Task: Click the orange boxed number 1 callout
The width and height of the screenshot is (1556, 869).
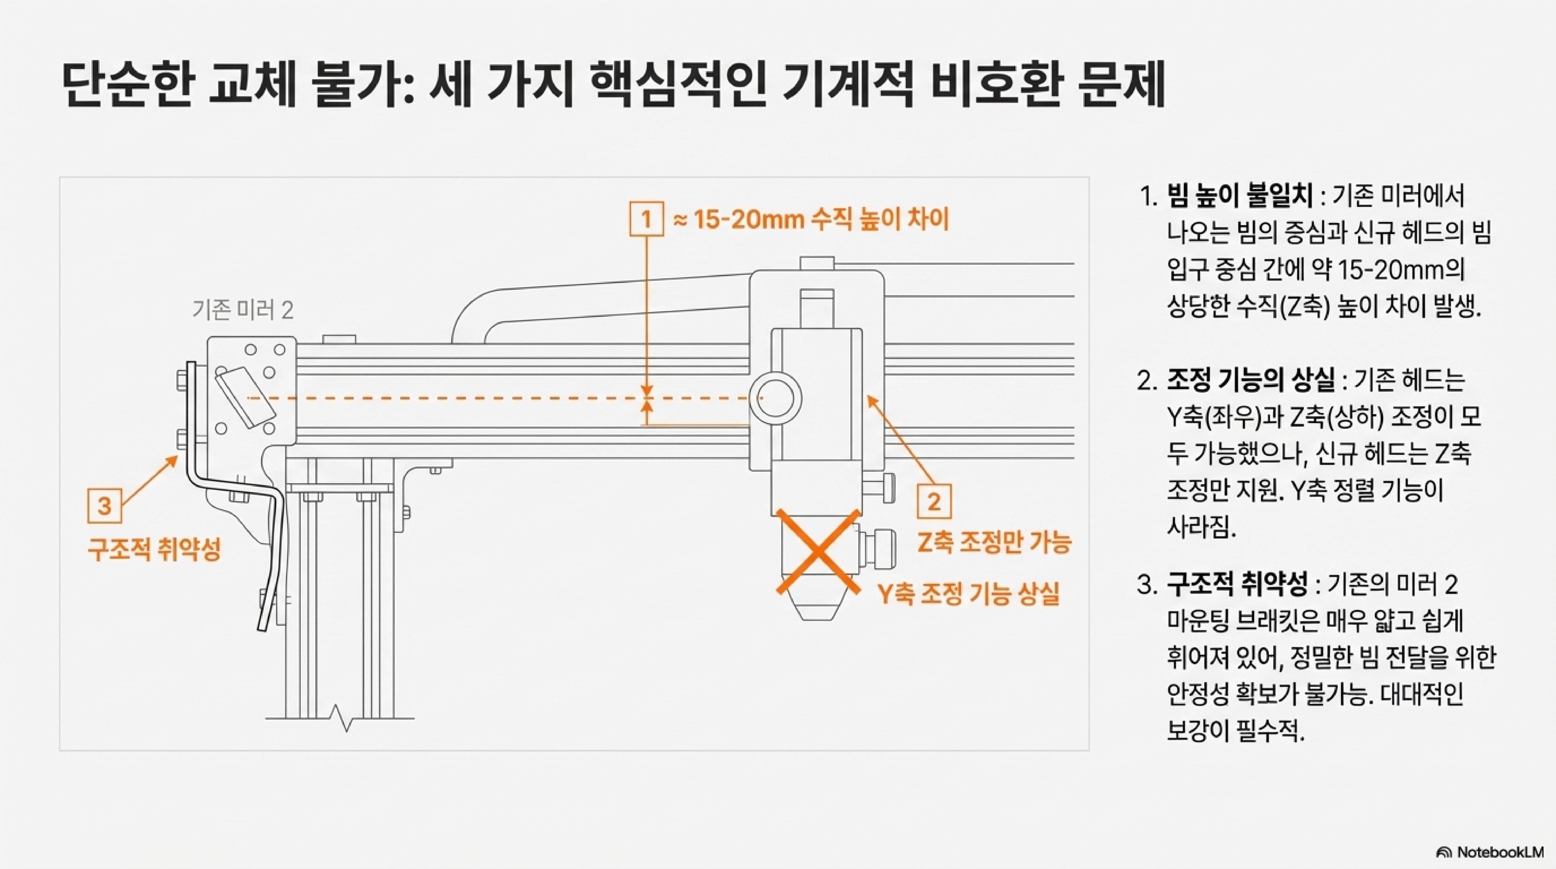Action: coord(646,219)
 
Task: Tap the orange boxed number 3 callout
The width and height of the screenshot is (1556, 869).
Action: coord(104,505)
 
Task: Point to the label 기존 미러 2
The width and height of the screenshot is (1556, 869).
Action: coord(243,310)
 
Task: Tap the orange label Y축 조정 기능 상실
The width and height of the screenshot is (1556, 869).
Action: coord(969,594)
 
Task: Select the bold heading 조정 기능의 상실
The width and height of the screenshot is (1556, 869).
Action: coord(1250,380)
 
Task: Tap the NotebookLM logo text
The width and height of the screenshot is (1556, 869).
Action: coord(1500,852)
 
